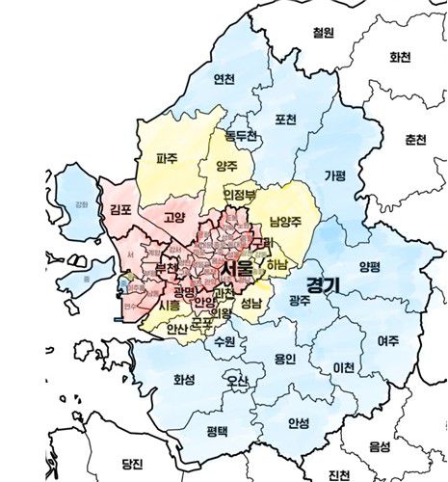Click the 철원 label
click(x=323, y=33)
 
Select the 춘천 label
click(x=415, y=139)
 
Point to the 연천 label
click(x=224, y=78)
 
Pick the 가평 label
click(x=335, y=175)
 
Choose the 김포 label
click(x=121, y=209)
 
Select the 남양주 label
click(x=288, y=220)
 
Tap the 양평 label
click(x=370, y=267)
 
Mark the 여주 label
click(x=388, y=340)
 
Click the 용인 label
click(x=285, y=359)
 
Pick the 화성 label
click(x=184, y=379)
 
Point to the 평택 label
click(x=219, y=430)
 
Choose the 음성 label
click(x=380, y=446)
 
